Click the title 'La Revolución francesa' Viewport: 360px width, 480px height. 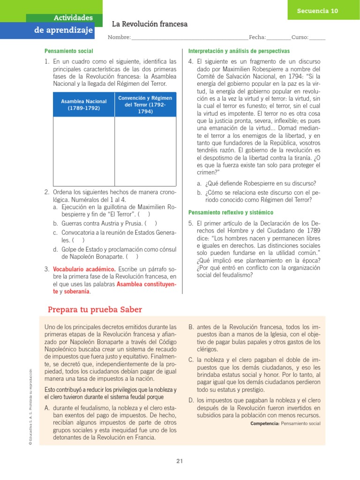pos(150,24)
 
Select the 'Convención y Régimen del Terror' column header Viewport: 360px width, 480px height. pos(145,105)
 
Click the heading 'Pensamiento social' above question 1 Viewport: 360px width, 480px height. pos(69,51)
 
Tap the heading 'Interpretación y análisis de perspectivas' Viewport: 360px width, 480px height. pos(239,51)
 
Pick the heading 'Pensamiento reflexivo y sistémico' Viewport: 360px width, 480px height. pos(228,212)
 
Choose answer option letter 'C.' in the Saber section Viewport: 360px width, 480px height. pos(191,360)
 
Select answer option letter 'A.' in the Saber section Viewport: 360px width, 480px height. pos(47,408)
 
